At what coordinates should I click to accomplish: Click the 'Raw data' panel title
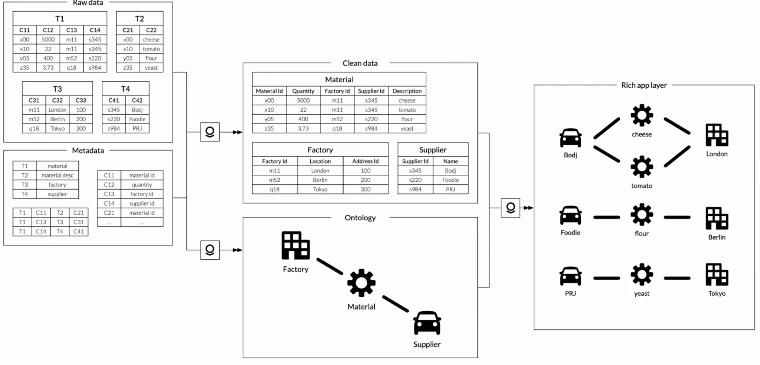click(x=88, y=3)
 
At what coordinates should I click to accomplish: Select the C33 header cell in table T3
click(x=81, y=100)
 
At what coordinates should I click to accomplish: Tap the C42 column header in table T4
click(x=137, y=100)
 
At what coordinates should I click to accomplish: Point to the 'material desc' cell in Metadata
click(x=57, y=175)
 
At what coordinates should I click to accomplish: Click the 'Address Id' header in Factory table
click(x=365, y=161)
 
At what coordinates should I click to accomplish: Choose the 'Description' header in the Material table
click(x=407, y=91)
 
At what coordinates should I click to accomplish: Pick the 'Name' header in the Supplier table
click(x=450, y=161)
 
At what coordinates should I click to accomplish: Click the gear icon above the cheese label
click(x=642, y=116)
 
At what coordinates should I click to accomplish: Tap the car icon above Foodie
click(x=570, y=215)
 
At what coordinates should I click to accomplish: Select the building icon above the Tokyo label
click(x=717, y=274)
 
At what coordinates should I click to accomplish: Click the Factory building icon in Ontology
click(x=295, y=246)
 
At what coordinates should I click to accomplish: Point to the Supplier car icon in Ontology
click(x=427, y=323)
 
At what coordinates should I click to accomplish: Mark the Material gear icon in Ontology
click(x=361, y=283)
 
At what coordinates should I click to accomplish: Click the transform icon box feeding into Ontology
click(x=210, y=250)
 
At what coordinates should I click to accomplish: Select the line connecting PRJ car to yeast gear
click(x=606, y=278)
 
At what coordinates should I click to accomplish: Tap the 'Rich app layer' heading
click(x=644, y=85)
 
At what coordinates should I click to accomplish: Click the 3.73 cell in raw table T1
click(x=48, y=68)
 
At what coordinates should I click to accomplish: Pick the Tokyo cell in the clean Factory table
click(x=320, y=189)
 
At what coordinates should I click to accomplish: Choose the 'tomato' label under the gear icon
click(x=642, y=185)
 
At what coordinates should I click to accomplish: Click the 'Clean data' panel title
click(x=360, y=63)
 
